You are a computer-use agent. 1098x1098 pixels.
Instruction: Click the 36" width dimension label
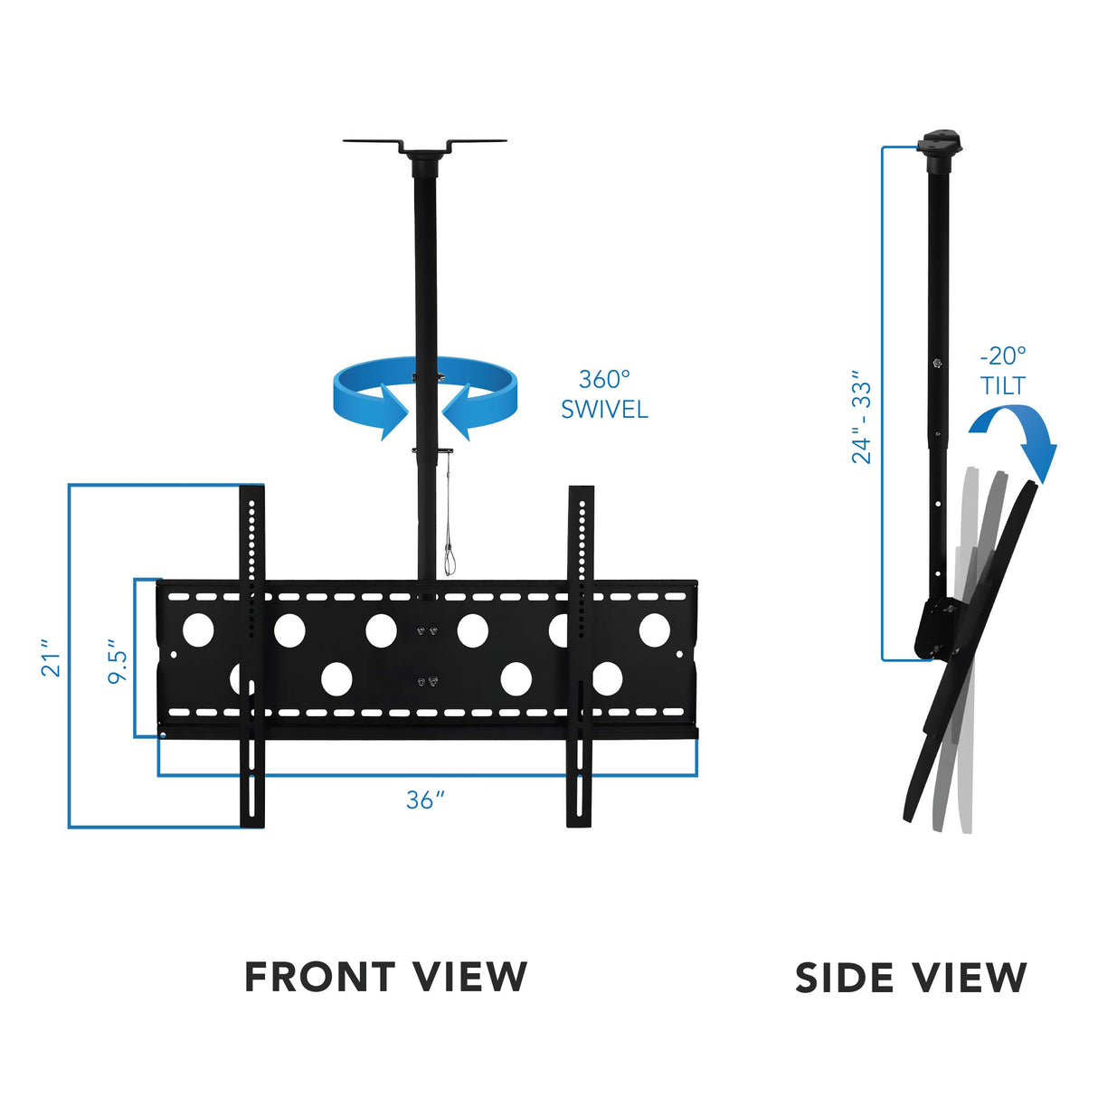click(425, 800)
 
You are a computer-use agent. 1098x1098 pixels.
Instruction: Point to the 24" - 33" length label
click(862, 416)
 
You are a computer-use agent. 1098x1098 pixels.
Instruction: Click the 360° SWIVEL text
click(604, 394)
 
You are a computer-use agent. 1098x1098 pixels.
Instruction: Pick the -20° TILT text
click(1003, 371)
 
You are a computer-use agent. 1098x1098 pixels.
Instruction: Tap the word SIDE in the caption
click(845, 979)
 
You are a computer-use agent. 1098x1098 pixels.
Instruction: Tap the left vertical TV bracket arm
click(251, 656)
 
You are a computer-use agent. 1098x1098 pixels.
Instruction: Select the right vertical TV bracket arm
click(580, 656)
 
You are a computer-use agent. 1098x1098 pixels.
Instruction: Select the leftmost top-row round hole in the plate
click(198, 629)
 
